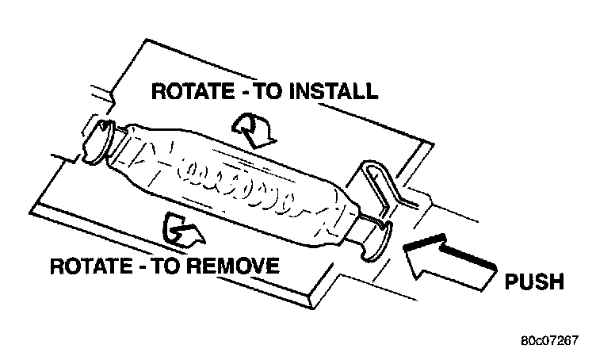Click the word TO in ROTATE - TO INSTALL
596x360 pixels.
[273, 92]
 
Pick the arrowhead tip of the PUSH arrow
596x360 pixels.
[406, 247]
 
